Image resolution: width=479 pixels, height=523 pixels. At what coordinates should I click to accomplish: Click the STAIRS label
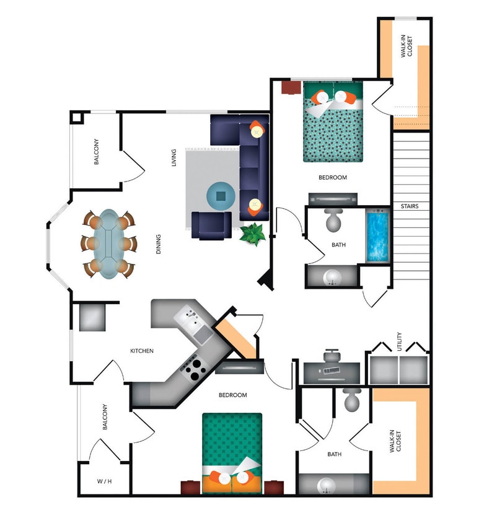point(410,206)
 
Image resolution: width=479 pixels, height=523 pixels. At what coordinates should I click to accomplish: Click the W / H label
point(104,481)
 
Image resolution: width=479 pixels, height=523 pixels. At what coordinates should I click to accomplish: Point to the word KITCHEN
point(141,351)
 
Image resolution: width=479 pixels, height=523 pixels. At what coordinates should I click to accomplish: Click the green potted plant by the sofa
point(253,234)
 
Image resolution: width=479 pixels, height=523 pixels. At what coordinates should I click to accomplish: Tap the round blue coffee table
point(221,196)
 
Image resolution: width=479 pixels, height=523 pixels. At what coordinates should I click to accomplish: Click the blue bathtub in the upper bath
point(377,237)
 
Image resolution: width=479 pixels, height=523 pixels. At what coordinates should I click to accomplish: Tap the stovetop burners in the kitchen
point(195,370)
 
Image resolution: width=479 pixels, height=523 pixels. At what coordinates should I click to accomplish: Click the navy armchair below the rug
point(211,225)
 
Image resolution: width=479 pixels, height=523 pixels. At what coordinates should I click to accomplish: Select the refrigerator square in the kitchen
point(92,317)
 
